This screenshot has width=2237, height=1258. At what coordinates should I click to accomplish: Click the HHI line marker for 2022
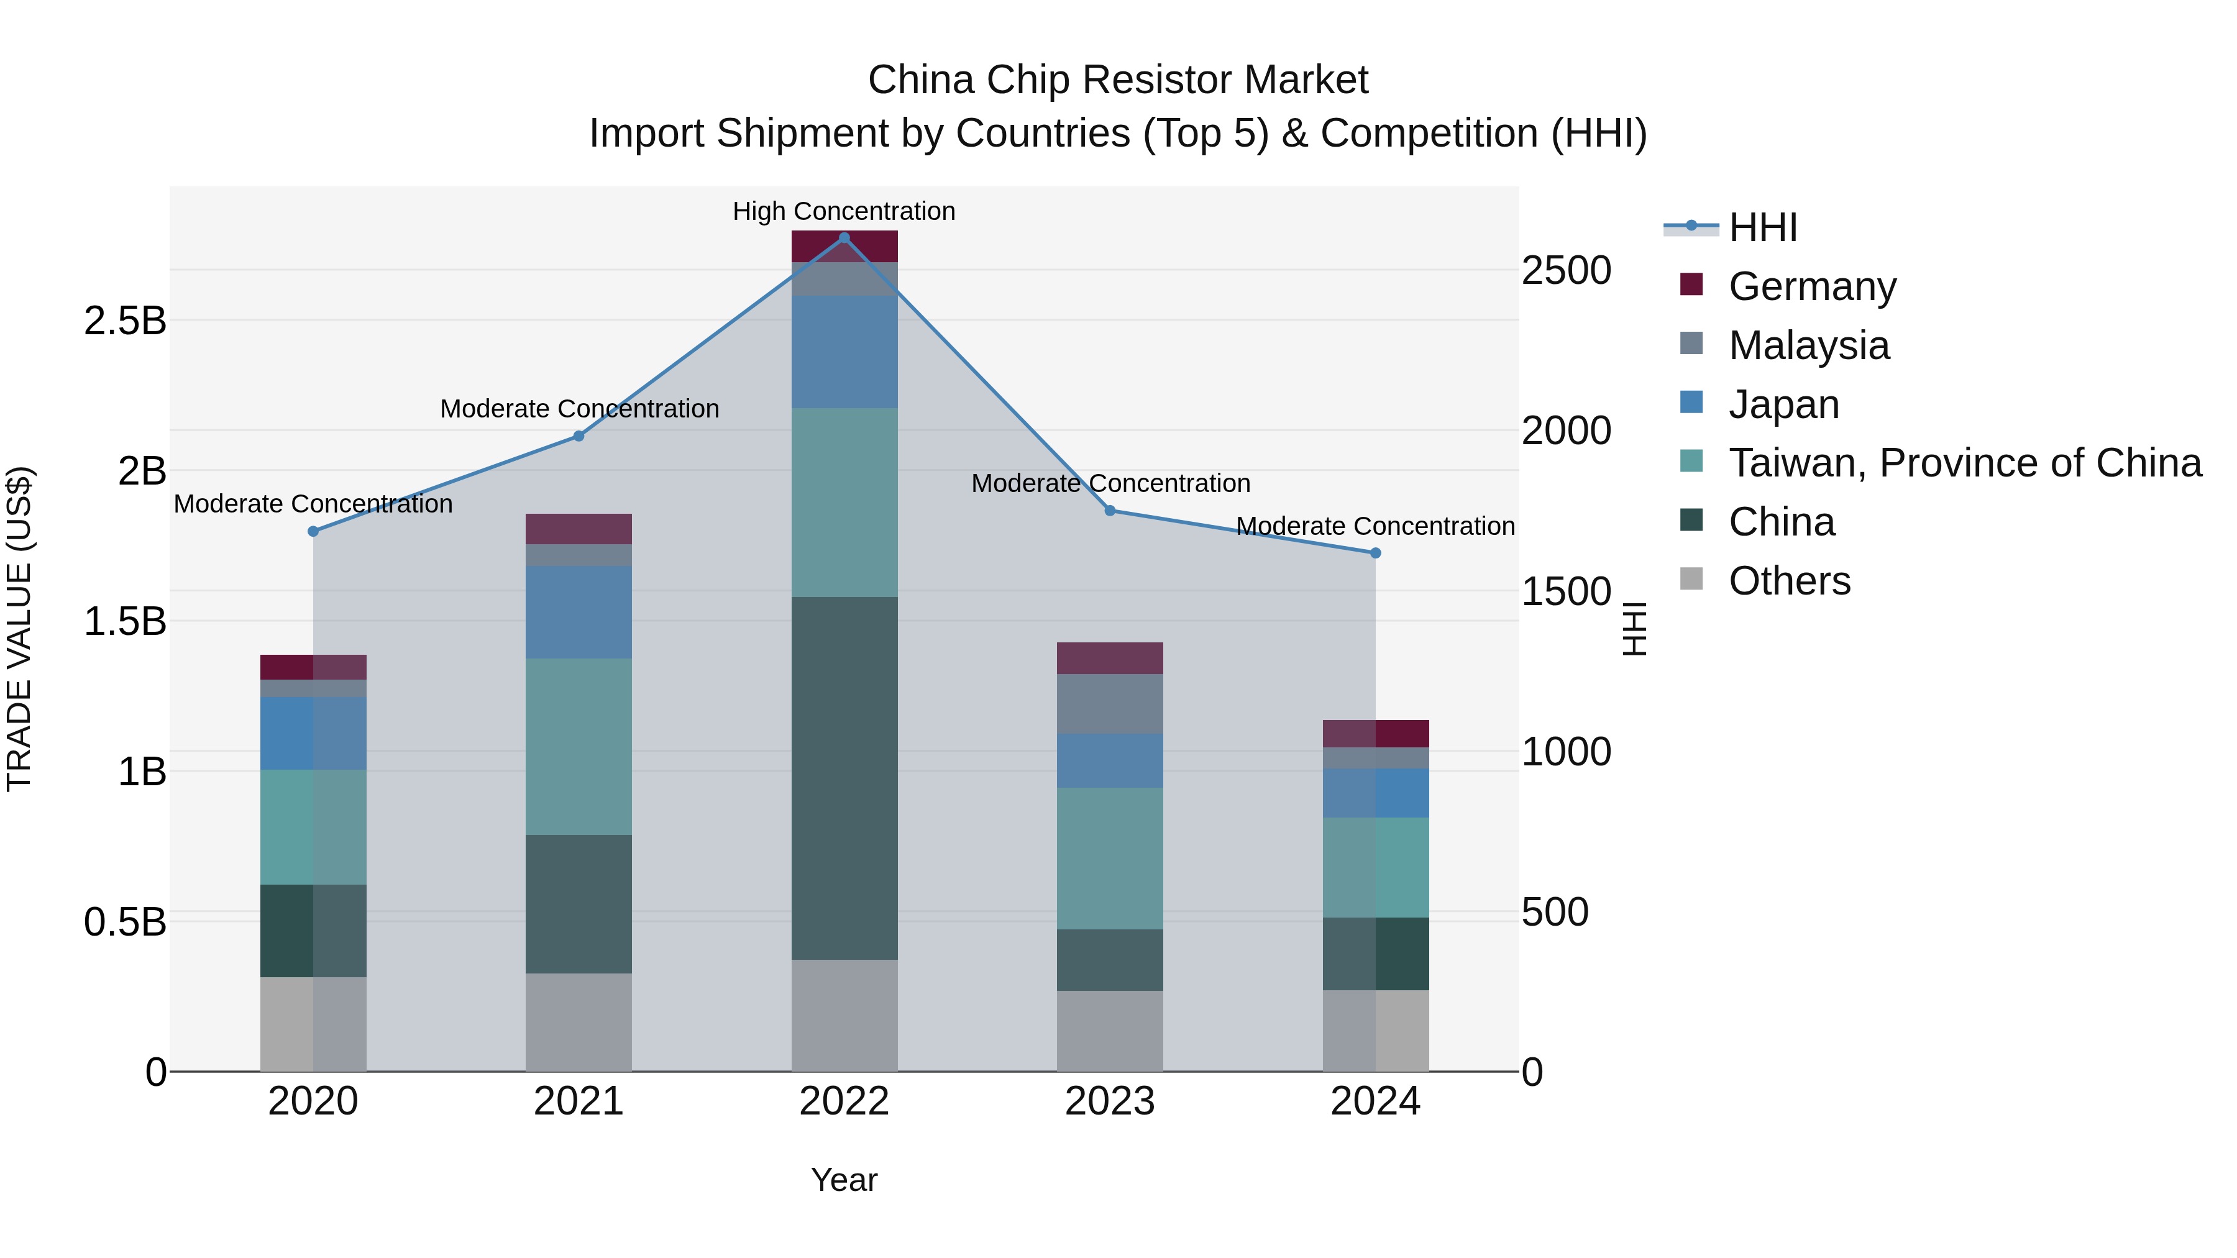844,238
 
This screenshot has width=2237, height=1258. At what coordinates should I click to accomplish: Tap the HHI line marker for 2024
1376,553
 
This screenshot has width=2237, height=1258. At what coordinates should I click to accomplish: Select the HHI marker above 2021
579,436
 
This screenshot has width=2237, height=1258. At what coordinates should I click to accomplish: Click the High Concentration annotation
843,211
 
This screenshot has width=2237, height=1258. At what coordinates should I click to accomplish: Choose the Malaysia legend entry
1808,345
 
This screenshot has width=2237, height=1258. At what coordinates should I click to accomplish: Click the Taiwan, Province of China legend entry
1964,463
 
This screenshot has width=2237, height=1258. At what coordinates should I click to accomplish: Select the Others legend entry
1789,581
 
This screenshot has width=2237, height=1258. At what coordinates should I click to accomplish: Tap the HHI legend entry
1762,227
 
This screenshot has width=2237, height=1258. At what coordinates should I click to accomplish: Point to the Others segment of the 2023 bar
1110,1031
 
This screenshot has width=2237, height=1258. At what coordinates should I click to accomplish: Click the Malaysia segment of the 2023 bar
1110,703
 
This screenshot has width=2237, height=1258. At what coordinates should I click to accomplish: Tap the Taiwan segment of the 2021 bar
579,747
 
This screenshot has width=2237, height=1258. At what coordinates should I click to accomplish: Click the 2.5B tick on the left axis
125,321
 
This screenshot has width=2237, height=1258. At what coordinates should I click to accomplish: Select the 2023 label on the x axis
1110,1101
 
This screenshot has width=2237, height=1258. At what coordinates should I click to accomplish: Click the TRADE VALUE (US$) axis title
19,629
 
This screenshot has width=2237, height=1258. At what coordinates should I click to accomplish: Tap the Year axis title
844,1180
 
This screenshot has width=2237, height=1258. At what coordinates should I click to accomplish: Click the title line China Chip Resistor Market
1118,80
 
